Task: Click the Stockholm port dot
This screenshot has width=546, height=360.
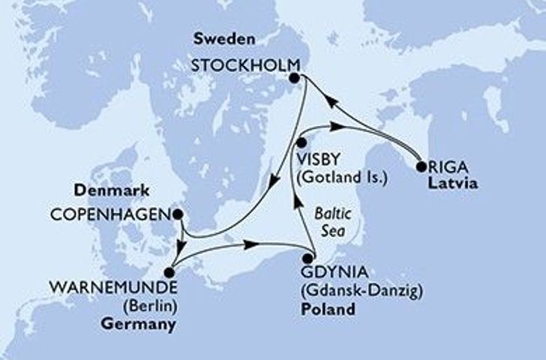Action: click(x=295, y=77)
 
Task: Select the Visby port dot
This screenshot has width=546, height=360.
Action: click(x=300, y=142)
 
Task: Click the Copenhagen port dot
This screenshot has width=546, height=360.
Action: click(x=178, y=214)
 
